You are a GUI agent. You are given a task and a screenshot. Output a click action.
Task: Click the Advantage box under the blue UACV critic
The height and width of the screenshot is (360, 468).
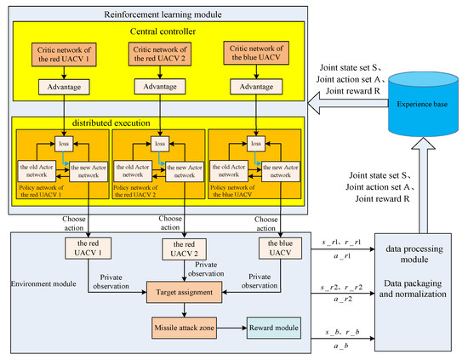(254, 88)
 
